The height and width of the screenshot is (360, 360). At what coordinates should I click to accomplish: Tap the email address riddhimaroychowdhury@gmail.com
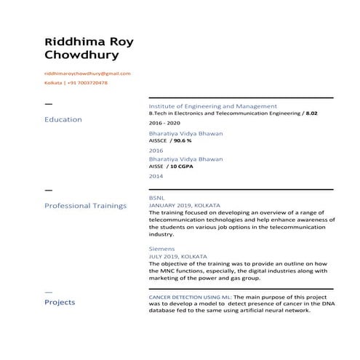tap(87, 73)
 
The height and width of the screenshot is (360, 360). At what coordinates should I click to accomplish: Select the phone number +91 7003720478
tap(88, 83)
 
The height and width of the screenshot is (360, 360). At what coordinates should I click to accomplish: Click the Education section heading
tap(63, 119)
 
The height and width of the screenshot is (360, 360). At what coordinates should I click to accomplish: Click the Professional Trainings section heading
tap(85, 206)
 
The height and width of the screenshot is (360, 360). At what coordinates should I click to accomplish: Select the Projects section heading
tap(60, 301)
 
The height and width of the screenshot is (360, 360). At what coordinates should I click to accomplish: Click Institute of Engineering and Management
tap(212, 106)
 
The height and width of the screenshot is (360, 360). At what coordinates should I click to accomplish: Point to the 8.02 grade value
tap(311, 114)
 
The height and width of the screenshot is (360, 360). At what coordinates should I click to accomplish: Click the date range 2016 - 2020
tap(164, 124)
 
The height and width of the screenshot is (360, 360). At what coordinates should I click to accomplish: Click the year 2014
tap(156, 176)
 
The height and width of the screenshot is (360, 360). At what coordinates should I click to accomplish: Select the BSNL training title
tap(157, 197)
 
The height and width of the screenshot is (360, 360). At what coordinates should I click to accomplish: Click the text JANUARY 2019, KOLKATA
tap(184, 205)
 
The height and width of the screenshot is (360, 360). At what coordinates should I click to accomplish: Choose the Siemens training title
tap(161, 249)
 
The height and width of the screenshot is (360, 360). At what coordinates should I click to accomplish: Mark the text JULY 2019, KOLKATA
tap(177, 257)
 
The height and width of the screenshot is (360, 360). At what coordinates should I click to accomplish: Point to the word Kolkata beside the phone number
tap(54, 83)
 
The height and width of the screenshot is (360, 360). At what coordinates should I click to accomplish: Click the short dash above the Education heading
tap(49, 104)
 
